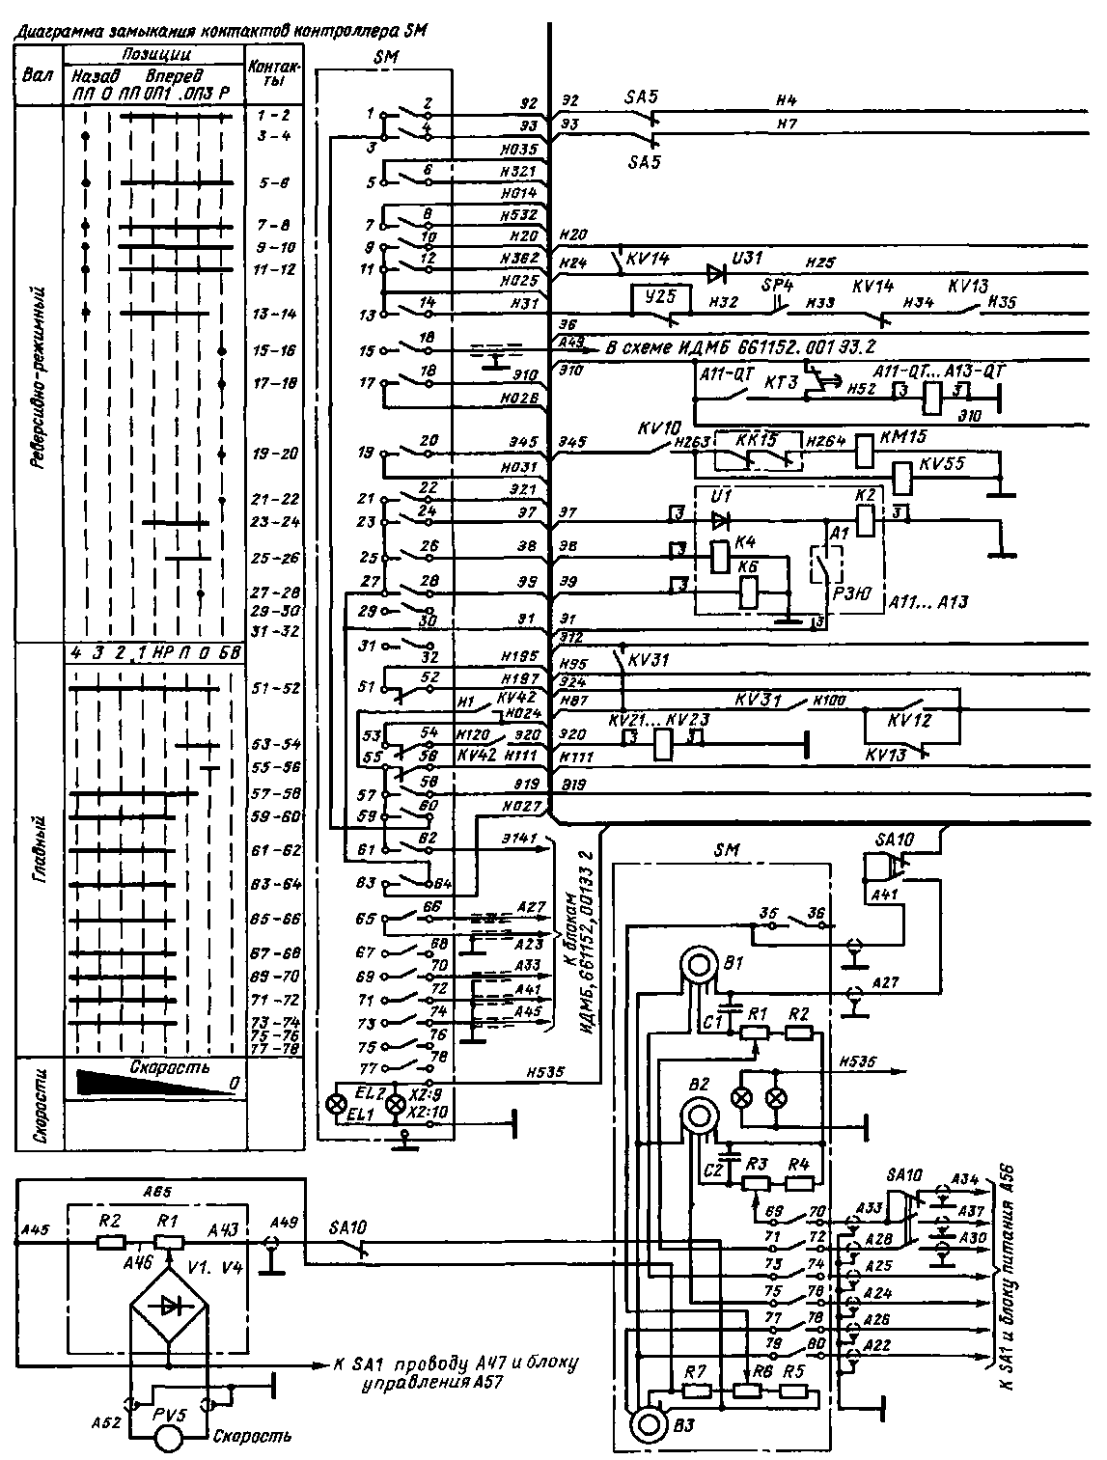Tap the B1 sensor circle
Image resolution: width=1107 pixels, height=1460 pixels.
(696, 964)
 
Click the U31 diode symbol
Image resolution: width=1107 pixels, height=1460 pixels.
(716, 274)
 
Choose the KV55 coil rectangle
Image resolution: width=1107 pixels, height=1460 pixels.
(902, 476)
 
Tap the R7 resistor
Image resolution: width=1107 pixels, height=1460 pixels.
(697, 1391)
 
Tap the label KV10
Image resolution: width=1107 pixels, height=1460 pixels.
(659, 425)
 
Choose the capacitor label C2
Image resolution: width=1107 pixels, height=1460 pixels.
(714, 1171)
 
